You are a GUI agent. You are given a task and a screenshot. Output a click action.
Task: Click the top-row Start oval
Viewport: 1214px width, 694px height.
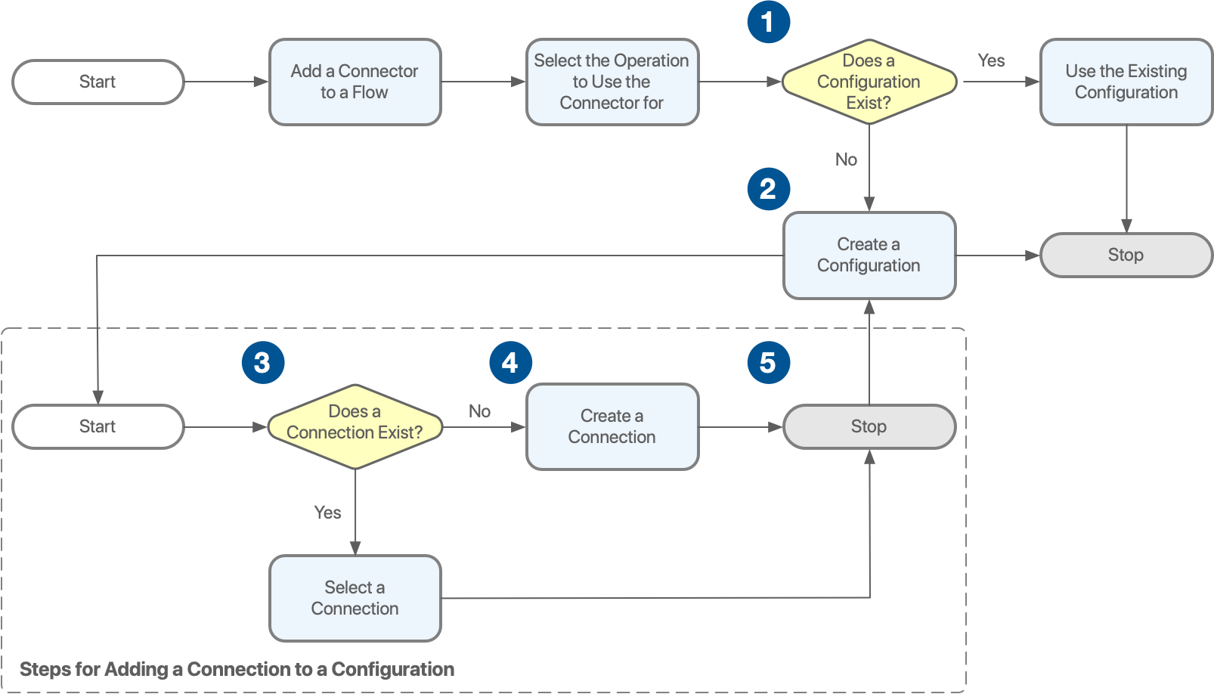click(98, 82)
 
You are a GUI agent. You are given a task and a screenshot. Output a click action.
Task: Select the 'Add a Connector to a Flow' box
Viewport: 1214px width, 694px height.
click(355, 82)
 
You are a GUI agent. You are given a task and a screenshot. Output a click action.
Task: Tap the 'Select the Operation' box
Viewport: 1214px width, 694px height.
click(612, 82)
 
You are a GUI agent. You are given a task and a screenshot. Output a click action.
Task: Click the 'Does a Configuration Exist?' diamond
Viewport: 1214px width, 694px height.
click(869, 82)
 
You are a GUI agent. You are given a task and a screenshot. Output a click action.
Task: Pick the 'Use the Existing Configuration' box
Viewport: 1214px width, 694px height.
click(1126, 82)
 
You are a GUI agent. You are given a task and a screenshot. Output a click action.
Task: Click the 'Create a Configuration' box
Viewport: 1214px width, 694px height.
click(869, 255)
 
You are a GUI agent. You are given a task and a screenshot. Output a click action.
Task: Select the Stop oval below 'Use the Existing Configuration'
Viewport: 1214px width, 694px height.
click(1126, 255)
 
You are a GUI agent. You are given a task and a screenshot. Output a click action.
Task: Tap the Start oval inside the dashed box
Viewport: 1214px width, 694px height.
click(98, 426)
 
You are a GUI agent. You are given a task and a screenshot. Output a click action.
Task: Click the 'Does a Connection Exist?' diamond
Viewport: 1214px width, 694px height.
click(355, 426)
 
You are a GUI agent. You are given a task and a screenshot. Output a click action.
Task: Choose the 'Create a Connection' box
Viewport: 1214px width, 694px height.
click(612, 426)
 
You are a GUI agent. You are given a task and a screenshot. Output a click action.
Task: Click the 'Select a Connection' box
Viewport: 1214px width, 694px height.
click(355, 598)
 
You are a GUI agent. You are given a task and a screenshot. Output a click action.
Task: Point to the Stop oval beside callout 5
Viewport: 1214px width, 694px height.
click(869, 426)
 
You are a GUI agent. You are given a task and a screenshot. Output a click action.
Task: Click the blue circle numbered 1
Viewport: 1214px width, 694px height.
click(768, 22)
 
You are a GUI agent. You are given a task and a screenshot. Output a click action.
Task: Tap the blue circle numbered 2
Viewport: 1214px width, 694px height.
click(768, 189)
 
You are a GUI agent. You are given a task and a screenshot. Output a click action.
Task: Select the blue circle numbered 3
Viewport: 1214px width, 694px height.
click(262, 363)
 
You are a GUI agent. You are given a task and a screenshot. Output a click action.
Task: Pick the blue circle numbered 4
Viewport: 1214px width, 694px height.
click(510, 363)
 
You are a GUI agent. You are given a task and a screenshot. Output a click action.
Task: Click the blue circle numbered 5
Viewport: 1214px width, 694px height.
click(768, 363)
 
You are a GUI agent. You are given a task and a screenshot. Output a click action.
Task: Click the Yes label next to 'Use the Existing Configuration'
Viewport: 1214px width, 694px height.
click(991, 60)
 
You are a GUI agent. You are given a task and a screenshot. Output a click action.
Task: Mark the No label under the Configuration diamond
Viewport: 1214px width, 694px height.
click(846, 160)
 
